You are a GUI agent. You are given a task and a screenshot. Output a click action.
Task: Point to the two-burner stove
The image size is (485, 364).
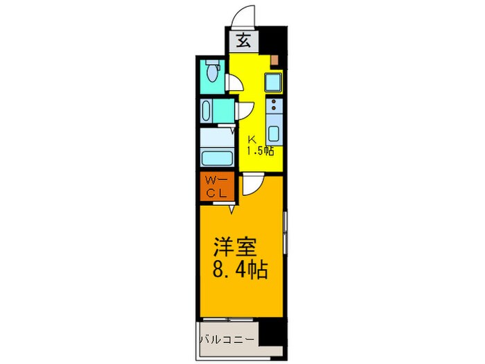274,107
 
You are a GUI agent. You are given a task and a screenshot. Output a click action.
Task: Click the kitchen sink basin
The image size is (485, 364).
274,134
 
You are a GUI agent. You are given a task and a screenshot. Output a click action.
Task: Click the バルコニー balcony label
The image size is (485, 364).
228,340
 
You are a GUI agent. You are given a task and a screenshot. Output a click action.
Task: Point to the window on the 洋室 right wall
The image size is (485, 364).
285,232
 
